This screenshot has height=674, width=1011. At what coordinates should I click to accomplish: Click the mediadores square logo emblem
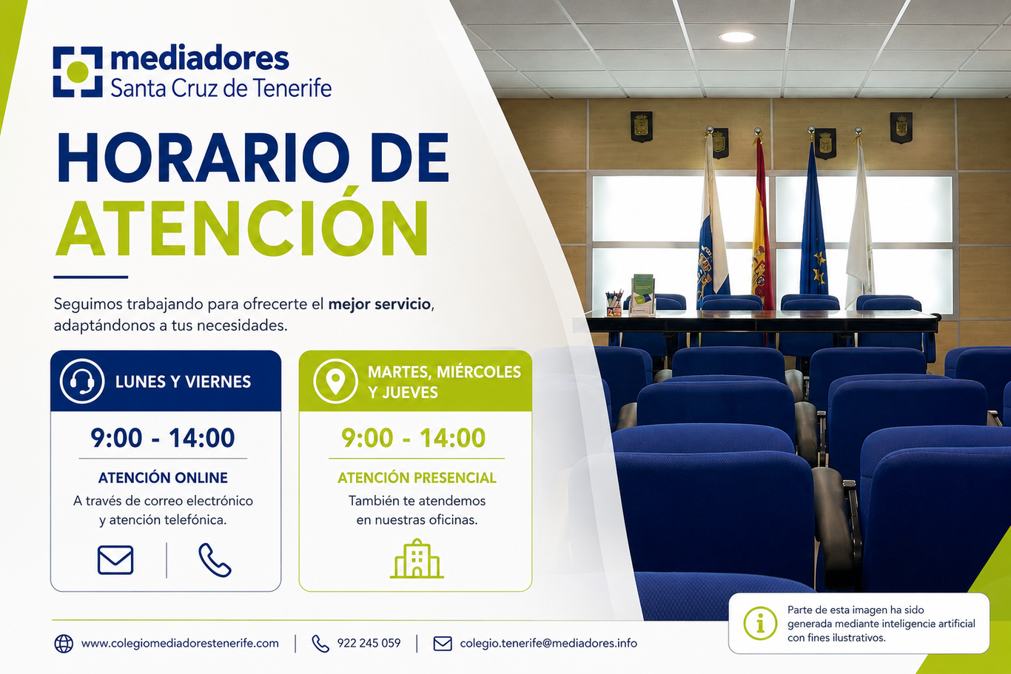(78, 71)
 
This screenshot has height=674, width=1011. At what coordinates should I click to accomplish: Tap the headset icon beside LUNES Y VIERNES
(81, 381)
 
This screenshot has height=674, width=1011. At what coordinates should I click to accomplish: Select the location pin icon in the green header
(335, 381)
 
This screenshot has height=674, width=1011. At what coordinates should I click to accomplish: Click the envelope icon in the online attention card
(115, 560)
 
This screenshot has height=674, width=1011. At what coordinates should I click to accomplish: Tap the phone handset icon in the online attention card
(215, 560)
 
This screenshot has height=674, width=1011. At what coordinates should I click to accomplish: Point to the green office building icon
(417, 559)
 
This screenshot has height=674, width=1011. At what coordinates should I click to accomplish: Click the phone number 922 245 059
(369, 643)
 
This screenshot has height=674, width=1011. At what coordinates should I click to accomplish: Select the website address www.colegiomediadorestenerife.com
(180, 644)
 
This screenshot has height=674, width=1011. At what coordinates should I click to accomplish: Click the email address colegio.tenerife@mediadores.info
(548, 643)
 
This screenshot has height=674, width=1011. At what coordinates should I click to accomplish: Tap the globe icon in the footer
(64, 644)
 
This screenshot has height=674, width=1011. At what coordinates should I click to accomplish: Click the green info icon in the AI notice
(760, 623)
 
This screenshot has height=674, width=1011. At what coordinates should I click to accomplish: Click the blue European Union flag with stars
(813, 221)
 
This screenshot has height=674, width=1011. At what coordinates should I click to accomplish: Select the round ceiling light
(737, 37)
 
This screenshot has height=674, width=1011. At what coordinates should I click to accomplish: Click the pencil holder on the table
(614, 303)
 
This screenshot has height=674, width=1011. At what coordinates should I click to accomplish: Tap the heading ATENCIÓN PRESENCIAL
(417, 477)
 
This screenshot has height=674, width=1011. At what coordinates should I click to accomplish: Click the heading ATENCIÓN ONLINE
(163, 477)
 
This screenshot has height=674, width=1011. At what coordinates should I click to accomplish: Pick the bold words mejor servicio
(379, 304)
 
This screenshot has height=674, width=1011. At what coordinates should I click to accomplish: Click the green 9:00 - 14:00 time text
(413, 437)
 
